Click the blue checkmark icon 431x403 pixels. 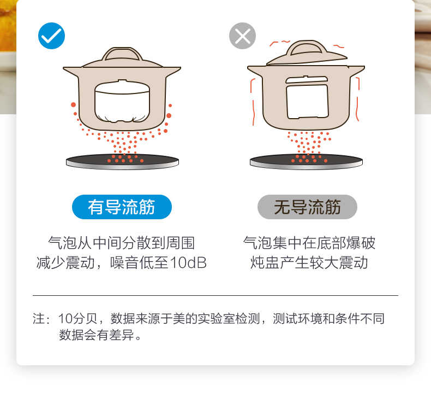(x=52, y=36)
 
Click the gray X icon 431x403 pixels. (x=242, y=36)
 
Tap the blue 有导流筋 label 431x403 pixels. (x=122, y=207)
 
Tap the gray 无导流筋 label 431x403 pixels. (x=307, y=207)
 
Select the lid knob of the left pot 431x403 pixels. (x=122, y=54)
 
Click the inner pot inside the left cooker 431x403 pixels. (x=122, y=102)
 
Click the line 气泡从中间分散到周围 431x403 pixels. (x=122, y=243)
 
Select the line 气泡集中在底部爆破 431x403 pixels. (x=309, y=243)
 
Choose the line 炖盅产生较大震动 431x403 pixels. (x=309, y=263)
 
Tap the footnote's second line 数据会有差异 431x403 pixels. (x=100, y=335)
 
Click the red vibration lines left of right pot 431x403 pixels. (x=253, y=98)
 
